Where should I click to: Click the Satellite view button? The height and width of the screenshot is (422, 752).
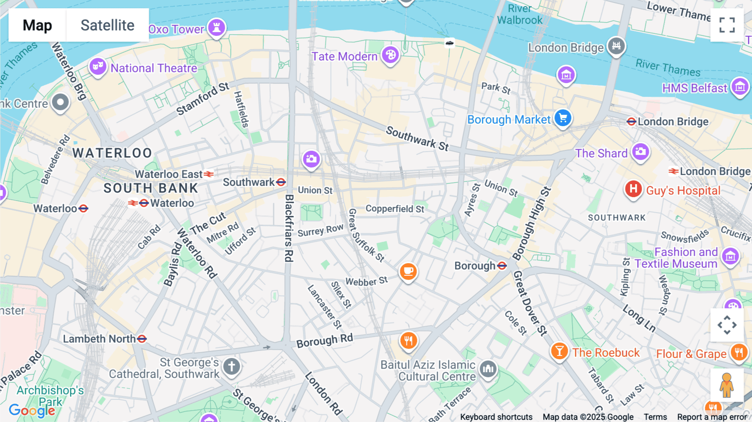click(107, 25)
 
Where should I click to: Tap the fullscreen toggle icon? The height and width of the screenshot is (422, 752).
click(727, 25)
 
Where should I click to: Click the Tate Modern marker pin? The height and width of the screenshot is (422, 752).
click(391, 55)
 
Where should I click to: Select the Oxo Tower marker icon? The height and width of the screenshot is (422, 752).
click(216, 28)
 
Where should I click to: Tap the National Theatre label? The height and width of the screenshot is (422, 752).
click(154, 68)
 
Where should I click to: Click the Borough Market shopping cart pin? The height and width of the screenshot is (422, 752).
click(563, 118)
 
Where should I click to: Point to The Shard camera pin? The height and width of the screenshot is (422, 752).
click(640, 152)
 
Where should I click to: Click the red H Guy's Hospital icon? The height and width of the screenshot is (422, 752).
click(633, 189)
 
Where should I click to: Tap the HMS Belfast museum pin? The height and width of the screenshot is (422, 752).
click(740, 87)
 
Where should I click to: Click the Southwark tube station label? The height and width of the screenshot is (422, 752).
click(249, 182)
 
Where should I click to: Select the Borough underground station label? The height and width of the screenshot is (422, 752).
click(475, 266)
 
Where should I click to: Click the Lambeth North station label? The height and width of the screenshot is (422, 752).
click(99, 339)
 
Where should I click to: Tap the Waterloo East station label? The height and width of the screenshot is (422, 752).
click(168, 174)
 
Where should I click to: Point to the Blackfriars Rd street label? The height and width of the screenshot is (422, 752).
click(289, 228)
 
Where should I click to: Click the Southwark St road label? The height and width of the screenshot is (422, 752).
click(417, 138)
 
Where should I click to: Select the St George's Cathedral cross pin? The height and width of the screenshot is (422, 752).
click(231, 366)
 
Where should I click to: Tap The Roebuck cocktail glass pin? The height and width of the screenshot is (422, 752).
click(559, 351)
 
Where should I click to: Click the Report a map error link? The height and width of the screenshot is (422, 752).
click(712, 417)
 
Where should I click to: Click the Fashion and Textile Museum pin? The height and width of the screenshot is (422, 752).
click(730, 256)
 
